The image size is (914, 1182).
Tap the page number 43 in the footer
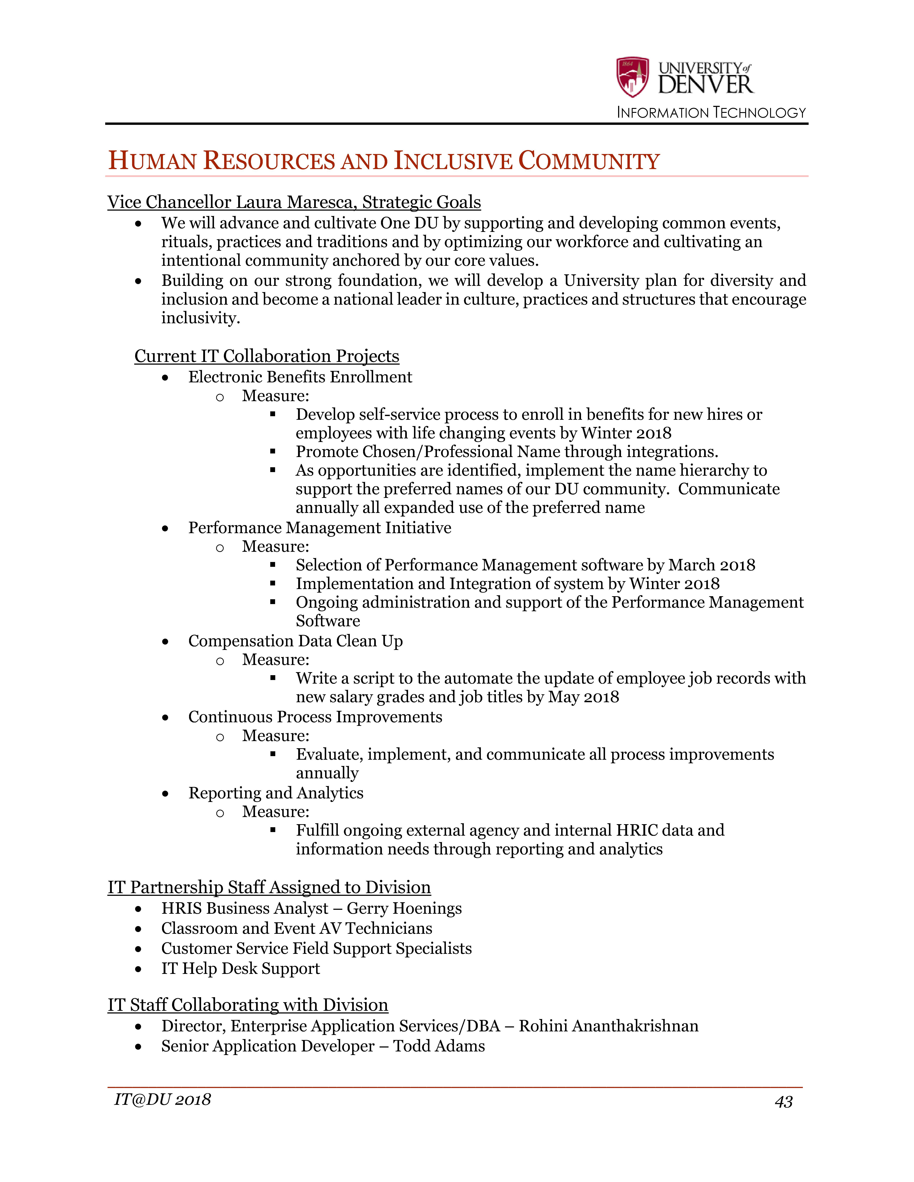(x=784, y=1102)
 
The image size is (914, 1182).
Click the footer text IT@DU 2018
(x=162, y=1100)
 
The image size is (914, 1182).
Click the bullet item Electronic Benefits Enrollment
(x=300, y=377)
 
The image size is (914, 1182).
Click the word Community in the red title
(x=589, y=161)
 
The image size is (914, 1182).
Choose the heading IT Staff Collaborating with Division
(x=247, y=1005)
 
